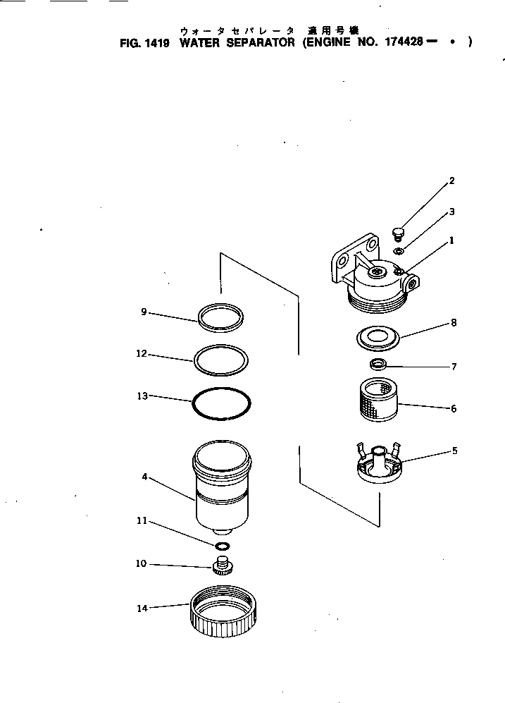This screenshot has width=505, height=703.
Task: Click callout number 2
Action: [451, 181]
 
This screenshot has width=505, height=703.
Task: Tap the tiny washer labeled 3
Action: [399, 251]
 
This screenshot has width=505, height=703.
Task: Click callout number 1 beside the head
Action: [451, 240]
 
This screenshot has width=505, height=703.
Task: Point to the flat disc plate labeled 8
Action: [378, 337]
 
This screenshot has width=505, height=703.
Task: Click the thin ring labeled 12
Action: [220, 359]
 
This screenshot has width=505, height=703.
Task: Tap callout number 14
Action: [142, 608]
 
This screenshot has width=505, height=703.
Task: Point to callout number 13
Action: [142, 396]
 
